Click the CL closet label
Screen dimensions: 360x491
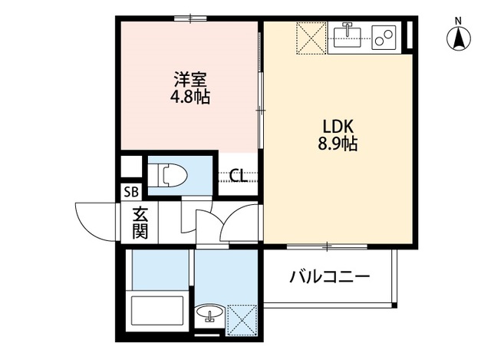pos(238,176)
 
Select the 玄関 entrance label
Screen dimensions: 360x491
pos(139,223)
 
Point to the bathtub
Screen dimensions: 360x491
pos(159,313)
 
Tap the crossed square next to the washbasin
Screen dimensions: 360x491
pos(243,319)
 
